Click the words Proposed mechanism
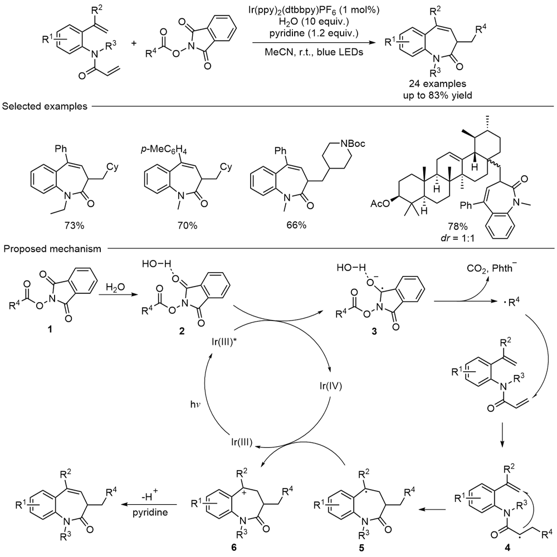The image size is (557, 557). click(x=52, y=249)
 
